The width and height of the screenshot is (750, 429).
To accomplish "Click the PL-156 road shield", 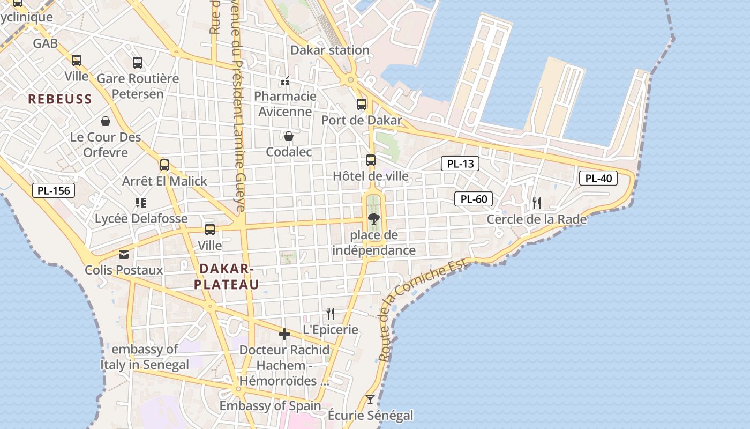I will (53, 190).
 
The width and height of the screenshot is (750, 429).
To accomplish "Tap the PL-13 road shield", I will (460, 164).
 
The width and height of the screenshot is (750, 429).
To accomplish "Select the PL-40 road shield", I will (598, 179).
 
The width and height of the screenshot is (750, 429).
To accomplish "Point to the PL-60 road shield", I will (474, 199).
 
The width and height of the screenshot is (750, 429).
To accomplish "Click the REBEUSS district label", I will (60, 99).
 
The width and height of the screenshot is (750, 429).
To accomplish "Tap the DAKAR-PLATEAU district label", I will (226, 276).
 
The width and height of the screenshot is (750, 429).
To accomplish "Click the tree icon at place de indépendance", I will (373, 218).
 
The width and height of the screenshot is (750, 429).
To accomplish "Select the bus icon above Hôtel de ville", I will (370, 160).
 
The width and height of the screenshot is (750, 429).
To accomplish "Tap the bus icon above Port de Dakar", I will (362, 104).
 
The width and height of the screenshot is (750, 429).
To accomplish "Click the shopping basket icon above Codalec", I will (289, 136).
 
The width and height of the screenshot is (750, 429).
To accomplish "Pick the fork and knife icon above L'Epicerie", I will (331, 313).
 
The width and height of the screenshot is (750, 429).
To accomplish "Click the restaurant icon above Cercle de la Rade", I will (536, 203).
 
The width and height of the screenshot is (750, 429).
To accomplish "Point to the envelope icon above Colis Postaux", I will (124, 254).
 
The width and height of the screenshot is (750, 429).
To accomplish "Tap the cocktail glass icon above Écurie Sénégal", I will (370, 399).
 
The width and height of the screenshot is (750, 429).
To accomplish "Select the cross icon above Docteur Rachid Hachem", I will (284, 335).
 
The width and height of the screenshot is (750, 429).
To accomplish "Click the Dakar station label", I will (330, 50).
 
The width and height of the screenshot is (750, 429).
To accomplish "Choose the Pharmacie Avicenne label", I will (285, 103).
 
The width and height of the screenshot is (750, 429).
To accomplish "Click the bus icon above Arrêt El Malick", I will (164, 165).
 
